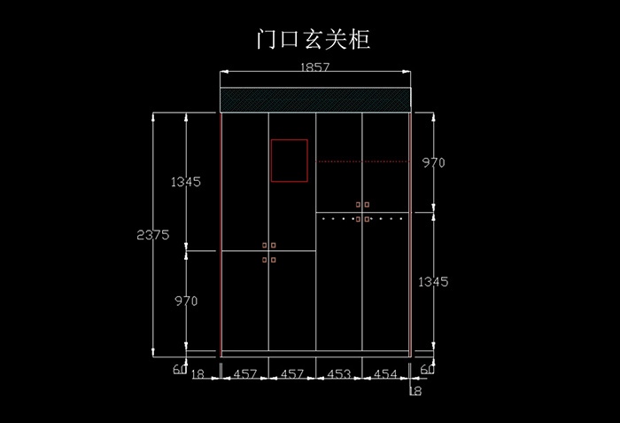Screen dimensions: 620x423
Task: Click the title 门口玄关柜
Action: click(x=310, y=40)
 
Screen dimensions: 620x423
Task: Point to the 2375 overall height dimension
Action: click(x=153, y=235)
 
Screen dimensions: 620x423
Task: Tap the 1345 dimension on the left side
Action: click(x=186, y=182)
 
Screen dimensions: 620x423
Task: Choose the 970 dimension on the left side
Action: click(x=186, y=302)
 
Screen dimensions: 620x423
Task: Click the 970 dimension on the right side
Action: click(x=433, y=163)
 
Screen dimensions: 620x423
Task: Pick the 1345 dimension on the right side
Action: click(x=433, y=282)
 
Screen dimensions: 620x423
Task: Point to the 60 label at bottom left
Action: click(x=180, y=370)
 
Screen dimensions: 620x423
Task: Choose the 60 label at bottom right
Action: click(x=427, y=370)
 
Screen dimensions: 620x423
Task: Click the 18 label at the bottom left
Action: click(x=198, y=375)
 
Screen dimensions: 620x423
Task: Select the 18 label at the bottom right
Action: click(x=415, y=389)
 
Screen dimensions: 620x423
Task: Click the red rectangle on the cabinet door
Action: click(x=290, y=161)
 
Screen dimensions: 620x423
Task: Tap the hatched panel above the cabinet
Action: click(x=315, y=99)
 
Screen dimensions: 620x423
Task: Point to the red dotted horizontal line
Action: click(x=361, y=161)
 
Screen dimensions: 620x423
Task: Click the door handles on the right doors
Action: click(x=362, y=211)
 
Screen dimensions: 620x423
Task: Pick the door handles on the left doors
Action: click(x=268, y=252)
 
